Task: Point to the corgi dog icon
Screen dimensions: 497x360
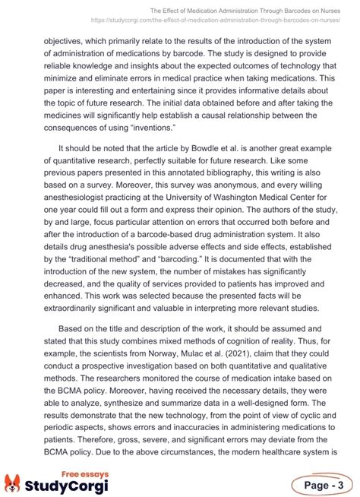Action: tap(15, 483)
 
